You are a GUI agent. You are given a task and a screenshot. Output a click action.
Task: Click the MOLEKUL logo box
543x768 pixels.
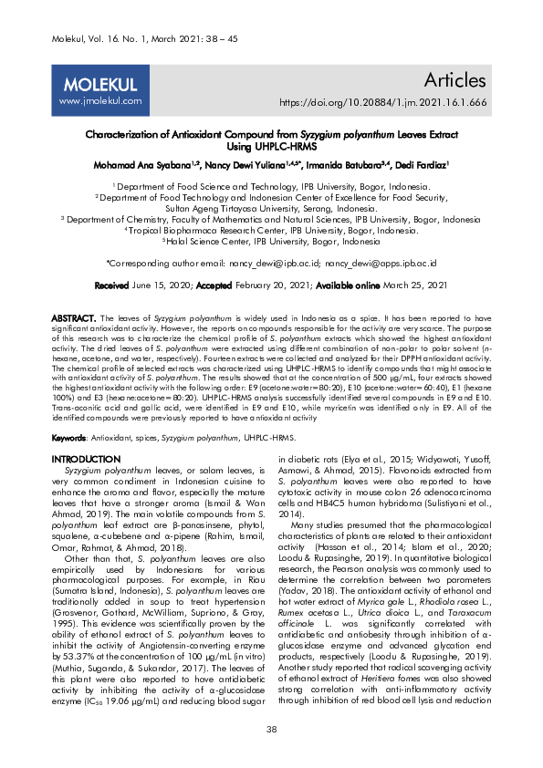pos(99,91)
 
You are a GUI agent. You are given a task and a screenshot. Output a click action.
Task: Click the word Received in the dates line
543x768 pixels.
pos(111,285)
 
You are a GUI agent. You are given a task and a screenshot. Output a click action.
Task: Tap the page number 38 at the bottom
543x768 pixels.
pos(271,729)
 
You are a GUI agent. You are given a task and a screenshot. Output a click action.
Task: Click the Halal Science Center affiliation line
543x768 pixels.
pos(271,242)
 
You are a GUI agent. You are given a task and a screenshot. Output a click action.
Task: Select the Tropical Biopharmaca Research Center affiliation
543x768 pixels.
pos(271,231)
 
